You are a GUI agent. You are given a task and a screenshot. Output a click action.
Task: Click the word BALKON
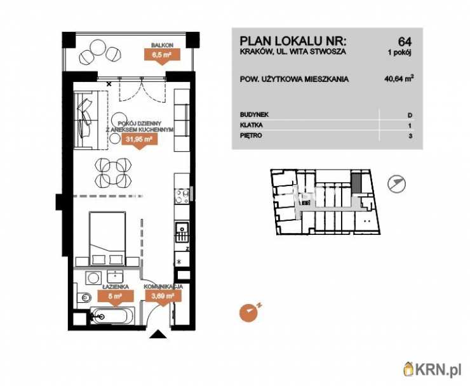pos(162,45)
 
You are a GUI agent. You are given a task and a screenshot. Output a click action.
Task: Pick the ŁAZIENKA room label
pos(116,287)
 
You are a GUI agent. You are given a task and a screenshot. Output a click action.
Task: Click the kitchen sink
pos(182,230)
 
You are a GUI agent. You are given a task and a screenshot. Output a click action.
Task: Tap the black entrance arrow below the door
pos(158,334)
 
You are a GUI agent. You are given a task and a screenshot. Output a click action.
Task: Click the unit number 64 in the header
pos(405,41)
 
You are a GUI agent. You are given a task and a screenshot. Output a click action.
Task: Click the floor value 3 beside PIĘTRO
pos(410,136)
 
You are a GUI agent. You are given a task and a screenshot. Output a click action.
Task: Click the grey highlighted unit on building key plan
pos(356,183)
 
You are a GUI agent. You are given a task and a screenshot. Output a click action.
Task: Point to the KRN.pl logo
pos(432,369)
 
